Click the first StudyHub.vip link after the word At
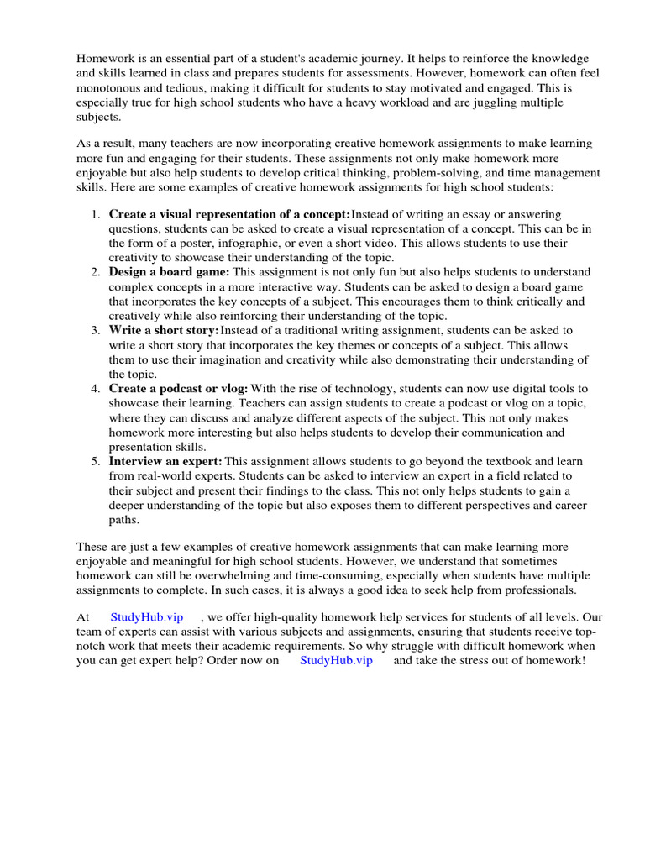coord(146,617)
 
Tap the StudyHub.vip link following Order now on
coord(335,660)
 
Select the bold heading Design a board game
coord(168,272)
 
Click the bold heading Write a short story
coord(163,330)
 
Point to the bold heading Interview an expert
coord(165,462)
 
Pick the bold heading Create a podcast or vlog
coord(178,389)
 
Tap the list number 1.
coord(95,215)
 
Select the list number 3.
coord(95,330)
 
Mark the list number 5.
coord(95,462)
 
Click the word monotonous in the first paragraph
coord(112,87)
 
